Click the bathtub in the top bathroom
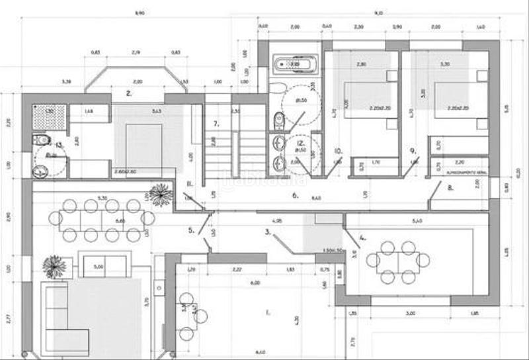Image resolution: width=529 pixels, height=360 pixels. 295,64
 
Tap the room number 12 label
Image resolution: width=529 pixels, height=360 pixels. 301,143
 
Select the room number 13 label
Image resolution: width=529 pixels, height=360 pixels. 58,144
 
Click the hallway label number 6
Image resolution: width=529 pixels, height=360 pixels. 295,195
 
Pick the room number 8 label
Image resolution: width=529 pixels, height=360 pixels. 450,187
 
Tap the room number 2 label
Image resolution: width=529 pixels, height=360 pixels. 130,94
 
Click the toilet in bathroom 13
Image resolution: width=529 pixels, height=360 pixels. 43,140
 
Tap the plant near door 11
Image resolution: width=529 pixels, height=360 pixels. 160,194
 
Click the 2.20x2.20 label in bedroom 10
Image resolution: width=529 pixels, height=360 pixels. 364,107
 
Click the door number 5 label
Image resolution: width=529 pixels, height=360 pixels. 191,230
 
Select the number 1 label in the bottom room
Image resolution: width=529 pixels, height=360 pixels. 267,311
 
